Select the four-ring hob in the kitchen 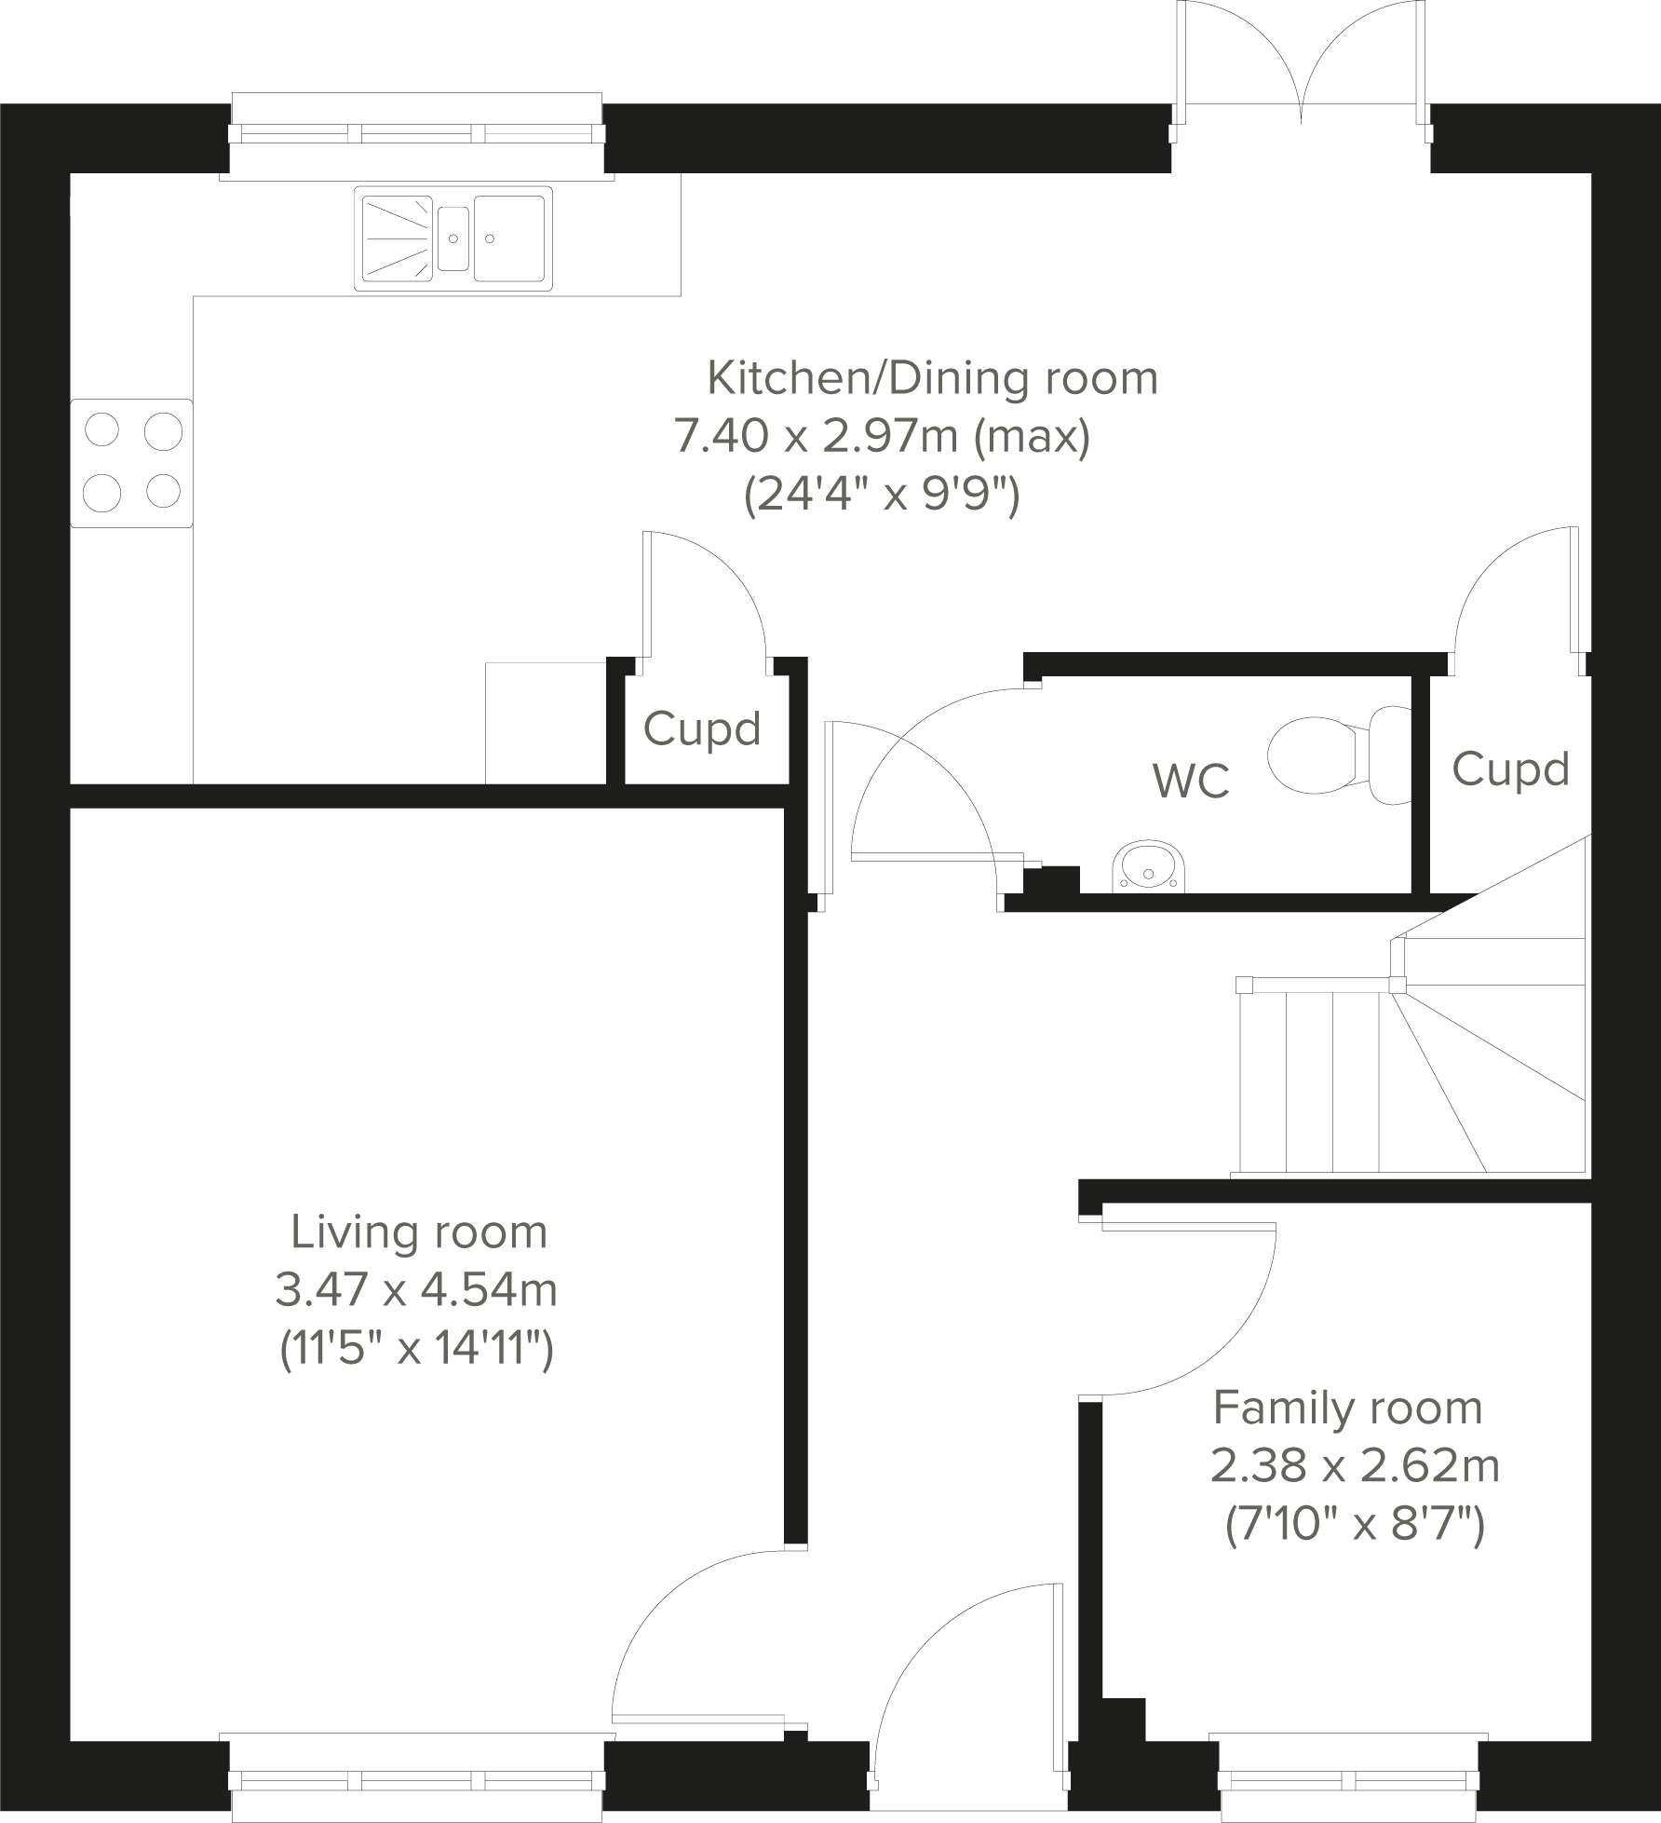tap(132, 462)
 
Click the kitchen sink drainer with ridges tap(395, 238)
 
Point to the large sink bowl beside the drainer tap(509, 238)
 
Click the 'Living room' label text tap(419, 1231)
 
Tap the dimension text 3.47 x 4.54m tap(416, 1290)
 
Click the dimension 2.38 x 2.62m tap(1355, 1466)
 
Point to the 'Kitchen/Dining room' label tap(932, 378)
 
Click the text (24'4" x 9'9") tap(882, 496)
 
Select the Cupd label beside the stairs tap(1510, 769)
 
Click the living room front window tap(417, 1777)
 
